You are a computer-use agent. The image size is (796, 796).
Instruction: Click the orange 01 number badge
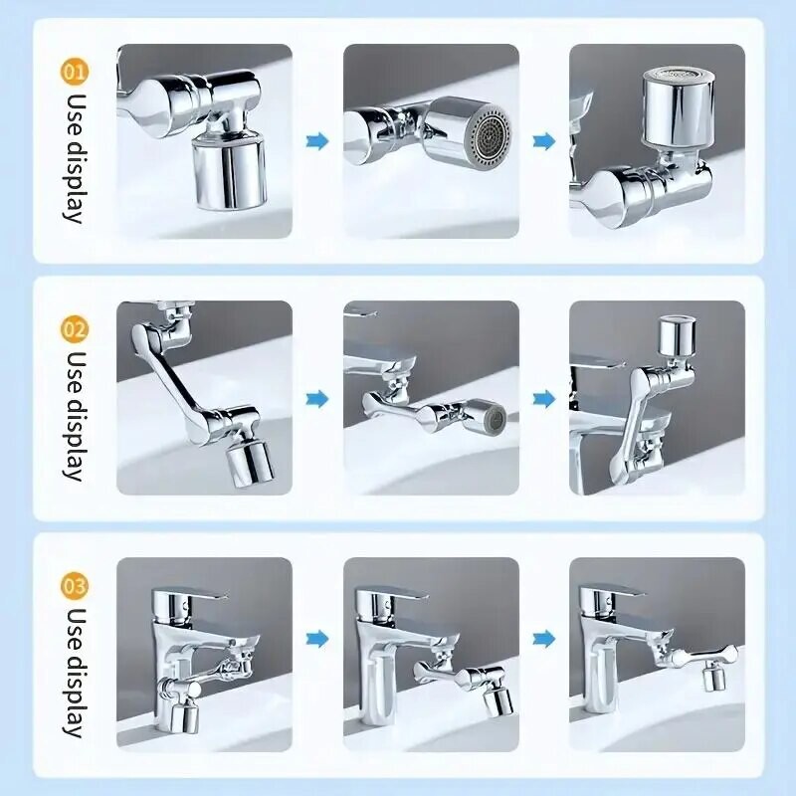coord(75,72)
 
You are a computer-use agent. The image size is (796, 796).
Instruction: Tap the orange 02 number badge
coord(75,328)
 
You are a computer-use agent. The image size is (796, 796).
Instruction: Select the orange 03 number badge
coord(75,584)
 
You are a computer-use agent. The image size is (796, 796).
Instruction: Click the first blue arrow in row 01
coord(317,141)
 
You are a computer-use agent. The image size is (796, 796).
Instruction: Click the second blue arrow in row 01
coord(543,141)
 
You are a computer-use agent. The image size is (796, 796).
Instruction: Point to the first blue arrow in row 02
coord(317,399)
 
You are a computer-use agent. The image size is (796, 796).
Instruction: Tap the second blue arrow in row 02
coord(543,399)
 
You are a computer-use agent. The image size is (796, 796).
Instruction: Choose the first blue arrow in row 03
coord(317,638)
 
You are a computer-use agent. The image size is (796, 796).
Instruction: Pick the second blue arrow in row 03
coord(543,638)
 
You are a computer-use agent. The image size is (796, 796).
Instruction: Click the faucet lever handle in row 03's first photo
coord(204,595)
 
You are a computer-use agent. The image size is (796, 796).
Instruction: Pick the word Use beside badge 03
coord(75,626)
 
